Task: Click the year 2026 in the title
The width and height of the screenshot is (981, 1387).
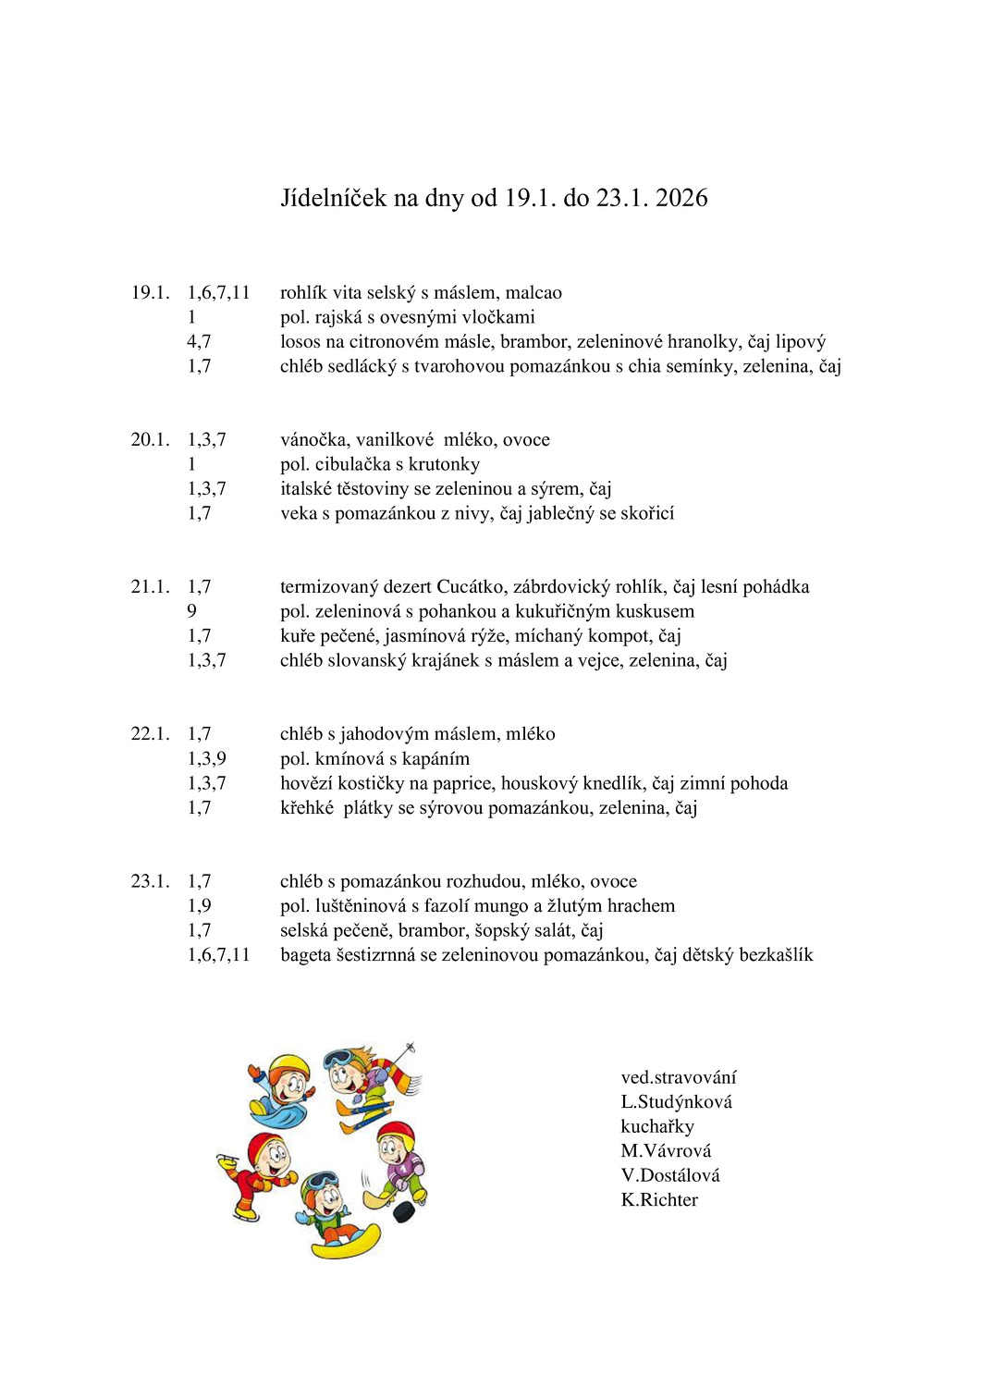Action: (x=681, y=198)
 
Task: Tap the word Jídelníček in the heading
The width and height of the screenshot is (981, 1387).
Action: (x=333, y=198)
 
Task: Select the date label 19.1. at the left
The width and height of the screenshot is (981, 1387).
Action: (x=150, y=293)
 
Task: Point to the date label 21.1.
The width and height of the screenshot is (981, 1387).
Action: (x=150, y=587)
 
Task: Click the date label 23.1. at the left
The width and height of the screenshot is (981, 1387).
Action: (x=150, y=881)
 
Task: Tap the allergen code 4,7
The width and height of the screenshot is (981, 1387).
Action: (x=199, y=342)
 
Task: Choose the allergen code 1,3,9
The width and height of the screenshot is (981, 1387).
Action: (x=206, y=759)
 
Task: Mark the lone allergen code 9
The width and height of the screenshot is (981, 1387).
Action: (x=191, y=611)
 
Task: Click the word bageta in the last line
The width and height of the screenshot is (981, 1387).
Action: (x=305, y=955)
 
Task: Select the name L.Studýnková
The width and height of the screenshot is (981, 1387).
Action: (x=676, y=1102)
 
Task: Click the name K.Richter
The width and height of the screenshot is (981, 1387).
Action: (x=659, y=1200)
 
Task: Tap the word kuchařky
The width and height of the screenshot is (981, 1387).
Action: (x=656, y=1126)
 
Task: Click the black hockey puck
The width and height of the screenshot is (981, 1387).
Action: (x=403, y=1211)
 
